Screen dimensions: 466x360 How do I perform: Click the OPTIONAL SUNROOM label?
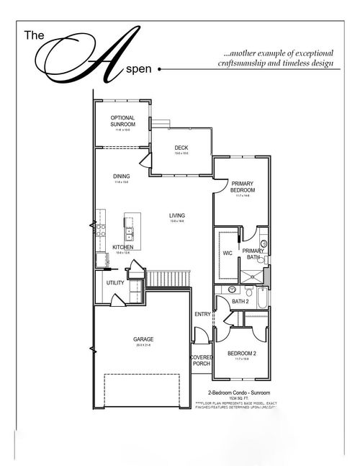pos(123,121)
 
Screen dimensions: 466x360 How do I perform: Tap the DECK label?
pos(181,148)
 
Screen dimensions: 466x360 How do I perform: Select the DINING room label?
pos(121,176)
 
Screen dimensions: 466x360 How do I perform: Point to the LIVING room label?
pos(176,215)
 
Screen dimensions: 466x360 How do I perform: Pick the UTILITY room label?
pos(115,283)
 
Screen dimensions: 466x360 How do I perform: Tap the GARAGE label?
pos(143,339)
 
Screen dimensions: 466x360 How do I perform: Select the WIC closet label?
pos(228,253)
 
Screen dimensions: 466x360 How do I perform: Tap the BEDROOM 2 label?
pos(241,354)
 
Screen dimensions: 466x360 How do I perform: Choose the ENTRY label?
pos(202,314)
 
